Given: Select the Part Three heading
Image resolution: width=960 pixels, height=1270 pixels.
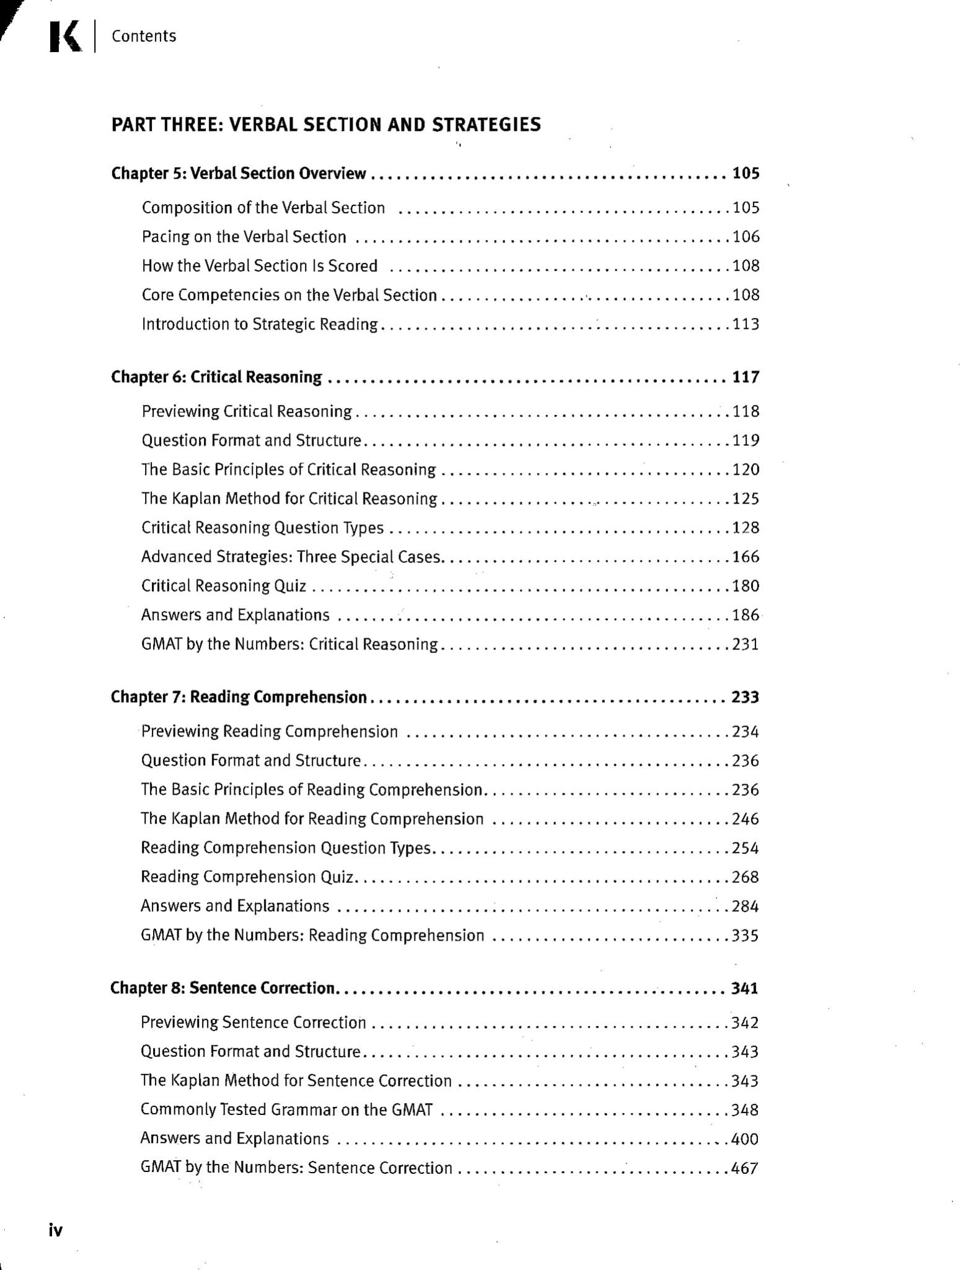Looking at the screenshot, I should [x=325, y=125].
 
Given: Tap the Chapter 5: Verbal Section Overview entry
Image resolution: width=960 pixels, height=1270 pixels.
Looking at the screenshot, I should [x=239, y=174].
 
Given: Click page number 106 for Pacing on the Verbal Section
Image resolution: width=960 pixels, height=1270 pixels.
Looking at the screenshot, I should [x=746, y=237].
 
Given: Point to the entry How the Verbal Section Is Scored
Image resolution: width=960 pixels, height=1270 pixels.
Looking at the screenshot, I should [x=259, y=266].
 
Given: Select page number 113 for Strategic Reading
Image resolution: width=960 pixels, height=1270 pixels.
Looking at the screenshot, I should [x=746, y=324].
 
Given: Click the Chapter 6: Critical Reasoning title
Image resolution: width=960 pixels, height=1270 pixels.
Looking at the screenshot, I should [x=216, y=377].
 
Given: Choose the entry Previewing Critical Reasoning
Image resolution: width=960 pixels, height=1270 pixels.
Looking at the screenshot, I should [x=246, y=412].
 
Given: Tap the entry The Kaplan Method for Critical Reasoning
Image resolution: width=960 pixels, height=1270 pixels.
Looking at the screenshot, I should [x=289, y=499].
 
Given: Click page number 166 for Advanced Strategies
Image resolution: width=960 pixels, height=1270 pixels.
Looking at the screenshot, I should [x=746, y=557].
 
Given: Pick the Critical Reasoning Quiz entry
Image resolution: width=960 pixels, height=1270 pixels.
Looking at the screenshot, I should [x=223, y=586].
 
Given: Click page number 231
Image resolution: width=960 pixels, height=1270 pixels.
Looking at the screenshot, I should [x=746, y=644].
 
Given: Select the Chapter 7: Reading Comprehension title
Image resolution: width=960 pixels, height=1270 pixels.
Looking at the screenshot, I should [x=239, y=698].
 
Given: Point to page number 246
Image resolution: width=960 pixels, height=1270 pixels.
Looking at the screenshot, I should [x=746, y=819].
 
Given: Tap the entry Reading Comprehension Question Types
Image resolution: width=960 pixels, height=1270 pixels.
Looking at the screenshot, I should [x=285, y=848].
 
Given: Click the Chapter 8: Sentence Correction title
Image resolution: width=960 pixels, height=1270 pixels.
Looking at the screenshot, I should [x=222, y=988].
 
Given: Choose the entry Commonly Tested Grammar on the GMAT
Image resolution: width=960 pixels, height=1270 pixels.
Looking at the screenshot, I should [x=286, y=1109].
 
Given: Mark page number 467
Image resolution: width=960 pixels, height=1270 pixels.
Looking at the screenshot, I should [x=745, y=1168].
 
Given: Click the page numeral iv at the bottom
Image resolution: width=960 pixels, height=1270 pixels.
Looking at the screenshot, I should [x=56, y=1230].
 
